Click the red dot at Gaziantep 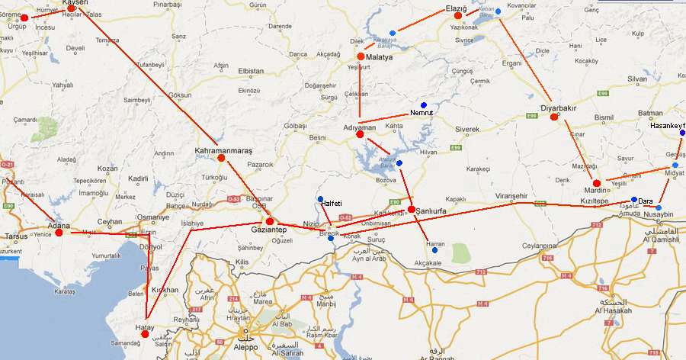[x=270, y=221]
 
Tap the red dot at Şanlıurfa [x=412, y=209]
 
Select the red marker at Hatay [x=145, y=334]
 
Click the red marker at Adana [x=59, y=232]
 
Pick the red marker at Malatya [x=361, y=56]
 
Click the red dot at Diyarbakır [x=554, y=117]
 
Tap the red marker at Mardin [x=597, y=183]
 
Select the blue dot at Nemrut [x=424, y=105]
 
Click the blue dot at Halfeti [x=320, y=199]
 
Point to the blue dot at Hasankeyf [x=681, y=133]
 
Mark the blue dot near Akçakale [x=434, y=250]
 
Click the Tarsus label [x=17, y=236]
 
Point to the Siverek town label [x=467, y=129]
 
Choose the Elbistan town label [x=251, y=71]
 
